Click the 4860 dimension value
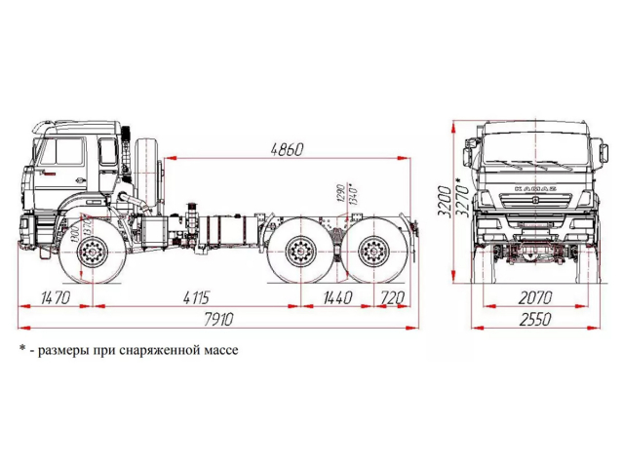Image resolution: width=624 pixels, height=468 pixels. pyautogui.click(x=286, y=149)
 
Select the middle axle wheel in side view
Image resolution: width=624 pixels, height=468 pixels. pyautogui.click(x=300, y=256)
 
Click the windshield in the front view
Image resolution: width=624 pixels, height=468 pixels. pyautogui.click(x=532, y=146)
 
